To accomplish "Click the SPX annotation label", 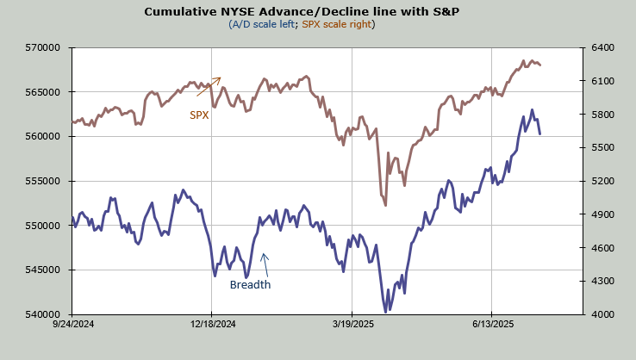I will [199, 114].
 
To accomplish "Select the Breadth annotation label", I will [250, 285].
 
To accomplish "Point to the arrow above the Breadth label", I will [265, 260].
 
